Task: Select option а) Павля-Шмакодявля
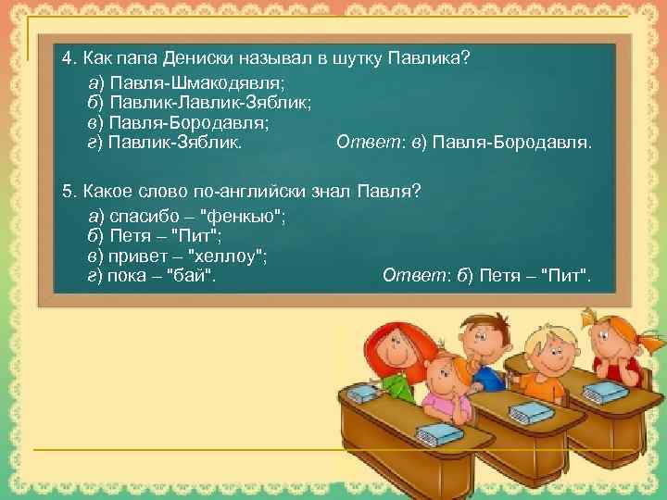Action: click(x=186, y=81)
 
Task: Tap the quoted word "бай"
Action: click(x=195, y=277)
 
